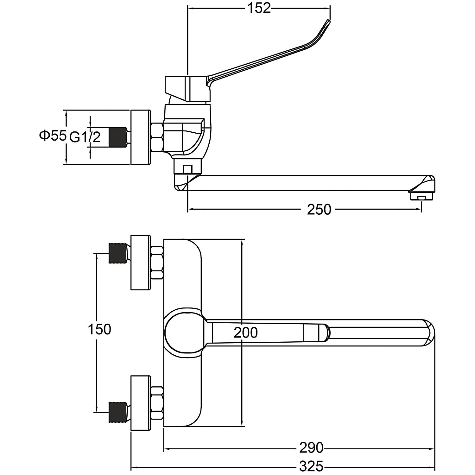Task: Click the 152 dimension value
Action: tap(259, 9)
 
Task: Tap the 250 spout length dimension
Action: tap(319, 209)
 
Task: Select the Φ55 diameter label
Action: tap(53, 136)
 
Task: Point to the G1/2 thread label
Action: tap(85, 137)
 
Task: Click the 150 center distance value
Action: tap(99, 329)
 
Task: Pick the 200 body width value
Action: tap(245, 333)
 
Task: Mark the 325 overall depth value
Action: tap(311, 466)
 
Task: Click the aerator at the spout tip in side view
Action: tap(421, 197)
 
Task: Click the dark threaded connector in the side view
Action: tap(117, 137)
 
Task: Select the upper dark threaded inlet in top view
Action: tap(118, 253)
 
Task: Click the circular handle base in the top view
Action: tap(183, 333)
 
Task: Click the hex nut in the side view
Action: tap(157, 137)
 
